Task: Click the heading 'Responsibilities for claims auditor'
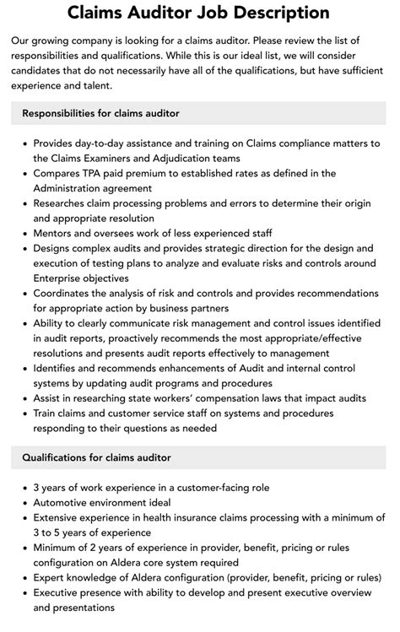pyautogui.click(x=100, y=113)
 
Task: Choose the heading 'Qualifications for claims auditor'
pyautogui.click(x=96, y=457)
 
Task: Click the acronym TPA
pyautogui.click(x=106, y=173)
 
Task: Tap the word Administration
pyautogui.click(x=75, y=188)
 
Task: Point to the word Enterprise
pyautogui.click(x=62, y=278)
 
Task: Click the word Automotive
pyautogui.click(x=65, y=503)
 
